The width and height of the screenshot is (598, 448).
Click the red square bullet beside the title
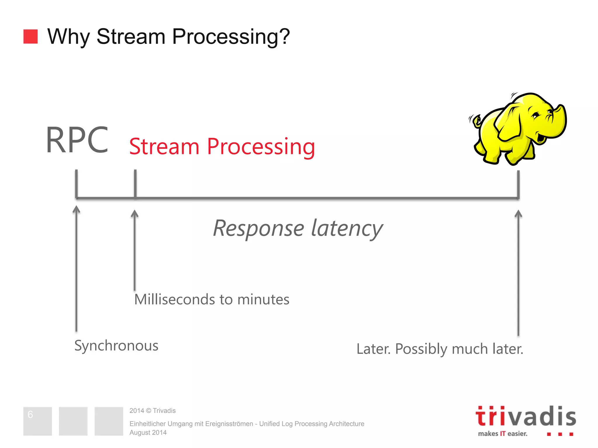[x=30, y=36]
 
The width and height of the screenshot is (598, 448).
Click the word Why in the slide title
[x=68, y=37]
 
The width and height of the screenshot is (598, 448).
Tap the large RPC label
[x=77, y=140]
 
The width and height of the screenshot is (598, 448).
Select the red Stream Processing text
[x=222, y=147]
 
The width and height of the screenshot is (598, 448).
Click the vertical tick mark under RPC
[x=76, y=184]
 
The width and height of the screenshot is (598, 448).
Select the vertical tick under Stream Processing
[x=135, y=184]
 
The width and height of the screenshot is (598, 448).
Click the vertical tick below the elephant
[x=518, y=184]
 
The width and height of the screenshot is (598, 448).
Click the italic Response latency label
[x=298, y=228]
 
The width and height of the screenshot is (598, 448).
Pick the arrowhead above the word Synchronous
[x=76, y=209]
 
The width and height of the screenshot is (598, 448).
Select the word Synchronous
[x=116, y=346]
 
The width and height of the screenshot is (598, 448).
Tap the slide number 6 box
[x=37, y=421]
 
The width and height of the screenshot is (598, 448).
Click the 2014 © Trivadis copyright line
[x=152, y=411]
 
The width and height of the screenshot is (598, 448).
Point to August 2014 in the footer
[x=148, y=433]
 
